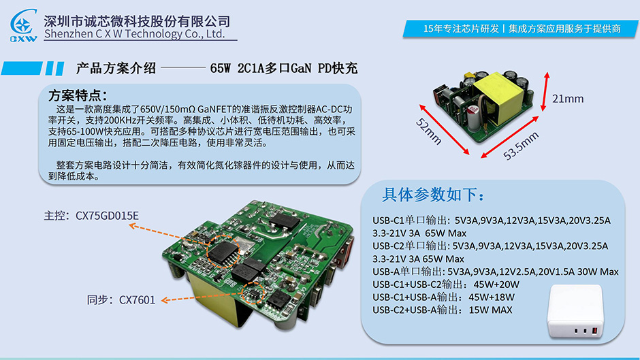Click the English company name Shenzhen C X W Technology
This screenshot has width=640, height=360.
coord(135,34)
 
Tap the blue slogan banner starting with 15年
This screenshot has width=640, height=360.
coord(521,29)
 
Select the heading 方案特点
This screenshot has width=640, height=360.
coord(78,95)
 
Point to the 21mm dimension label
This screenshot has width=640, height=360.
coord(568,99)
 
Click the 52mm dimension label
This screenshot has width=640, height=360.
coord(429,131)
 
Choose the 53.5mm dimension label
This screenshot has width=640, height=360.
coord(521,146)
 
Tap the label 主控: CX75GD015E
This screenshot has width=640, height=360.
coord(91,216)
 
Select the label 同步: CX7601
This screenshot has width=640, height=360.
coord(121,300)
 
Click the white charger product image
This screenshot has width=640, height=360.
coord(575,311)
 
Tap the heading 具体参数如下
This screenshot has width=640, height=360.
coord(434,195)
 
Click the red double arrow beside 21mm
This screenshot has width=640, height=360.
coord(545,92)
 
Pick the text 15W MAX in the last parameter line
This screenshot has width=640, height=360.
coord(490,310)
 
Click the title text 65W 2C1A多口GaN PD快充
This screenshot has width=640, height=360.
coord(284,68)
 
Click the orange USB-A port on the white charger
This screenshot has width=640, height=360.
coord(594,330)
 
